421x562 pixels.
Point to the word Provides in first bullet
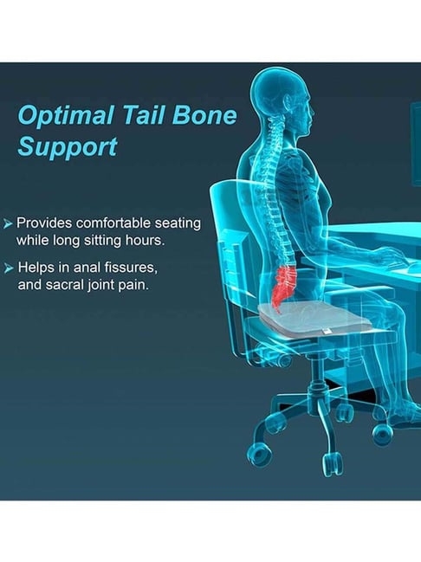(x=44, y=223)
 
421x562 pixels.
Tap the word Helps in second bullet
(x=36, y=268)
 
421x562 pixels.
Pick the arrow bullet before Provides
(x=8, y=223)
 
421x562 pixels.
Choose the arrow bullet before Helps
(x=8, y=268)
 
